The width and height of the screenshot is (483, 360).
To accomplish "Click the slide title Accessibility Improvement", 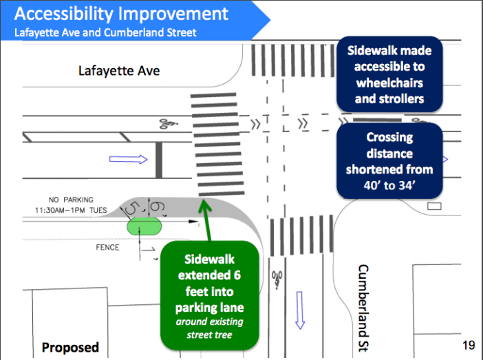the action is (x=121, y=14).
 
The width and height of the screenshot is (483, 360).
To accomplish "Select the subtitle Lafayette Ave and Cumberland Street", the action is (x=105, y=32).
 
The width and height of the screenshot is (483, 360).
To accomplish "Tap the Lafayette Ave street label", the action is (x=119, y=71).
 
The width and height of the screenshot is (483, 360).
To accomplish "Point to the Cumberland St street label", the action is (x=363, y=308).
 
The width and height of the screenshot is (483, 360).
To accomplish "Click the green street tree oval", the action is (x=144, y=226).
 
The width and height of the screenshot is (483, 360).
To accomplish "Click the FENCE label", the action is (x=107, y=248).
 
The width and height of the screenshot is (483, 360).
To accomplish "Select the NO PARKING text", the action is (x=71, y=200).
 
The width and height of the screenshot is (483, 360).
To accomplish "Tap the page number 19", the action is (x=469, y=345).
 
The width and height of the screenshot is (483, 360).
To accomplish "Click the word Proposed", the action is (x=70, y=348).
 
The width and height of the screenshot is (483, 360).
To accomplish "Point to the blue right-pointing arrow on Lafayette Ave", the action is (x=129, y=159).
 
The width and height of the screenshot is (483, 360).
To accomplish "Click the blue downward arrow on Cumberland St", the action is (x=300, y=310).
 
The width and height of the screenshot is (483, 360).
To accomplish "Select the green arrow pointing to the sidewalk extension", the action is (x=206, y=220).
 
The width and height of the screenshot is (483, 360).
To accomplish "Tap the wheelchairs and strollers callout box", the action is (x=389, y=74).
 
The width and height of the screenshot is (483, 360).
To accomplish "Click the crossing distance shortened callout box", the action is (x=389, y=161).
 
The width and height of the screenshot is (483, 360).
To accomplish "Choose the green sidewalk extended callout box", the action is (x=209, y=295).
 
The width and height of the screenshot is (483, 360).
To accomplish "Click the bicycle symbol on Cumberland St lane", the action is (x=277, y=279).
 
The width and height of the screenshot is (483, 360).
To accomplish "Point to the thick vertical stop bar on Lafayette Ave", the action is (x=159, y=160).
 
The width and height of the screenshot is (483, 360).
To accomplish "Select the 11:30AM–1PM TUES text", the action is (x=71, y=211).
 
